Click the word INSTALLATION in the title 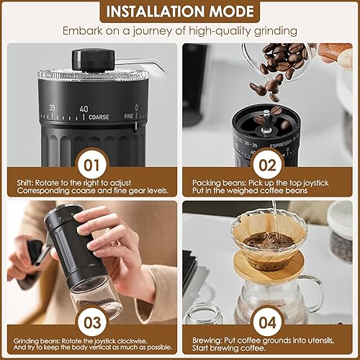pyautogui.click(x=156, y=12)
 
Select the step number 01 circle pyautogui.click(x=92, y=166)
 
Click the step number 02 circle pyautogui.click(x=267, y=166)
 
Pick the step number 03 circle pyautogui.click(x=92, y=323)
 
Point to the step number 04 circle pyautogui.click(x=267, y=323)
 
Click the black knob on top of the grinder pyautogui.click(x=93, y=60)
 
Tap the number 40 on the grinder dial pyautogui.click(x=84, y=109)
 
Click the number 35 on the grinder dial pyautogui.click(x=52, y=108)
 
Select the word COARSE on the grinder pyautogui.click(x=99, y=117)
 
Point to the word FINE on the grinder pyautogui.click(x=128, y=116)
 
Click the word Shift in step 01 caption pyautogui.click(x=25, y=183)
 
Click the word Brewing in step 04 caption pyautogui.click(x=207, y=341)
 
